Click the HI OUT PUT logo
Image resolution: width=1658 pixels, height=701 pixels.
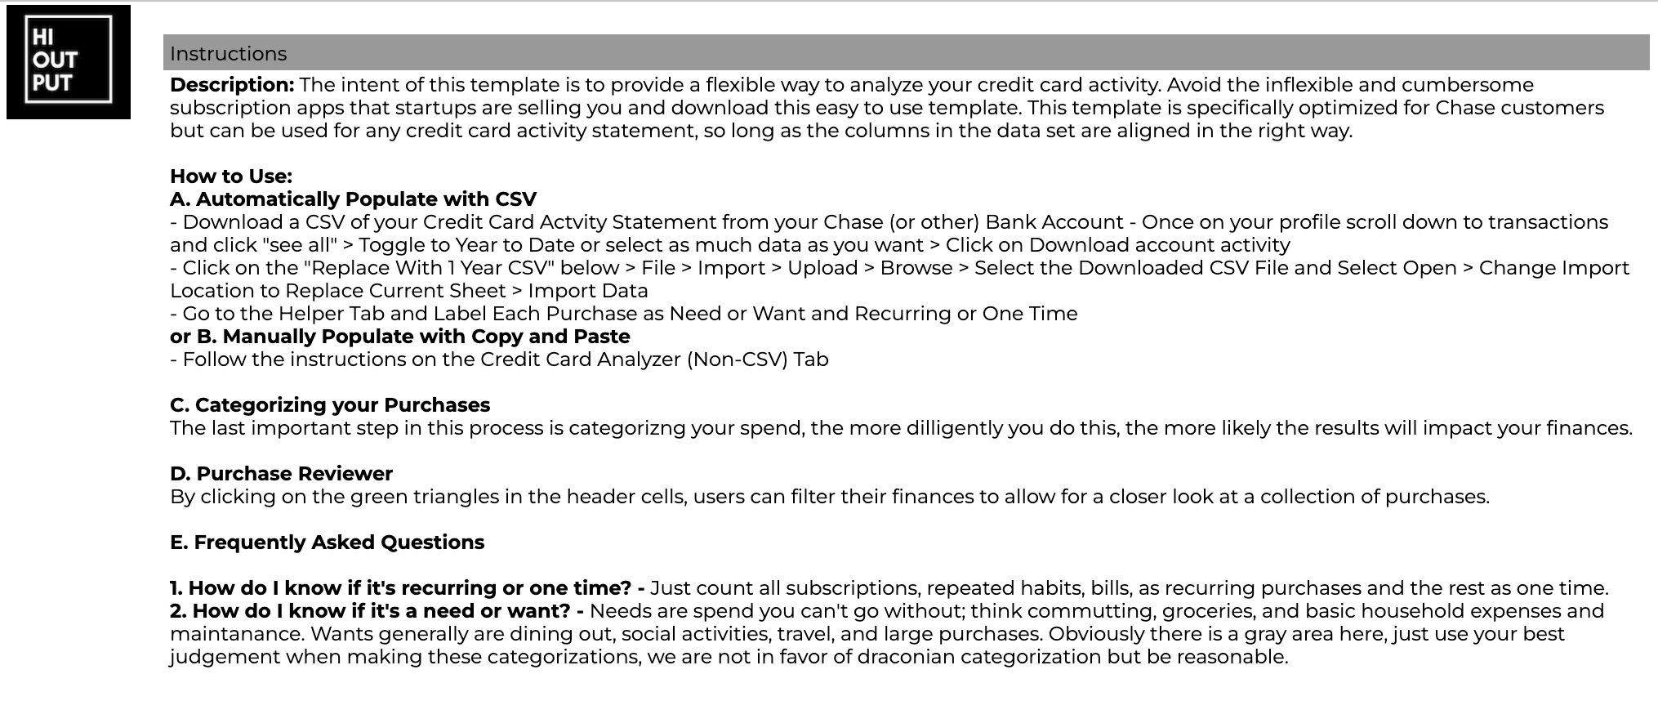pyautogui.click(x=69, y=61)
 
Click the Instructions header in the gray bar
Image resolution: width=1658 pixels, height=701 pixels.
pyautogui.click(x=229, y=54)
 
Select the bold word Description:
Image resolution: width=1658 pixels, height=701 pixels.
pyautogui.click(x=232, y=85)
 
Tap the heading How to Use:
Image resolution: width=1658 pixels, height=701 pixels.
pyautogui.click(x=231, y=176)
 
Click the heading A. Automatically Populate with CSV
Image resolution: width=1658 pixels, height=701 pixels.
pyautogui.click(x=353, y=199)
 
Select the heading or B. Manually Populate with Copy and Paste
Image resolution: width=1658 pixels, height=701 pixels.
pyautogui.click(x=399, y=337)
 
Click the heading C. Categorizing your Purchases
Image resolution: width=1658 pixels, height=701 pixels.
pyautogui.click(x=330, y=405)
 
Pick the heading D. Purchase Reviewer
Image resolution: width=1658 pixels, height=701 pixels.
pyautogui.click(x=281, y=474)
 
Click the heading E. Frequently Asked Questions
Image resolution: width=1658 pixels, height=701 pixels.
pyautogui.click(x=327, y=542)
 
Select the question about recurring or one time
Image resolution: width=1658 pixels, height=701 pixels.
pyautogui.click(x=408, y=588)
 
